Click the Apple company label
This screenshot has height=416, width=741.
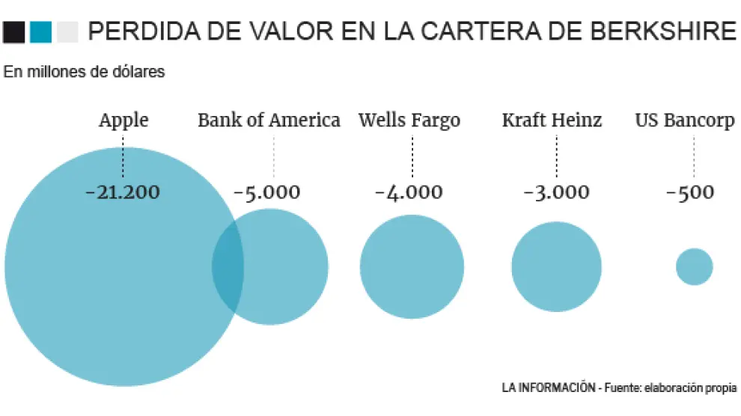point(124,120)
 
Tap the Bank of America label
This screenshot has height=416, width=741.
point(269,120)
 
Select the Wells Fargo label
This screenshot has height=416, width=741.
point(409,120)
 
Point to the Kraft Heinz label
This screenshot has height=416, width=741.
point(552,120)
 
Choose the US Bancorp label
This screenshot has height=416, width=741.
point(684,120)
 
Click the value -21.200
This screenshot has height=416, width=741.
point(123,192)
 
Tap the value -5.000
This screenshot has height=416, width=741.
point(267,192)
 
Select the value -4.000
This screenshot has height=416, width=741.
point(409,192)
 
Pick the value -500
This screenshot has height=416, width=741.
point(689,192)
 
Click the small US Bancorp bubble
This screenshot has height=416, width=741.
point(694,266)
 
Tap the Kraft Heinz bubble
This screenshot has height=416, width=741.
point(556,266)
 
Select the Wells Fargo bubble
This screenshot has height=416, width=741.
point(412,266)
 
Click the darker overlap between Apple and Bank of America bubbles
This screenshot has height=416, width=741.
point(228,266)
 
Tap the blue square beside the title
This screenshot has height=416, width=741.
point(41,31)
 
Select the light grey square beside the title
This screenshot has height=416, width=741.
point(67,31)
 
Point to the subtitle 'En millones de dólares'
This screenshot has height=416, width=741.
point(84,72)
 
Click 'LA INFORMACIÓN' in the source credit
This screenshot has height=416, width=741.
point(548,388)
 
